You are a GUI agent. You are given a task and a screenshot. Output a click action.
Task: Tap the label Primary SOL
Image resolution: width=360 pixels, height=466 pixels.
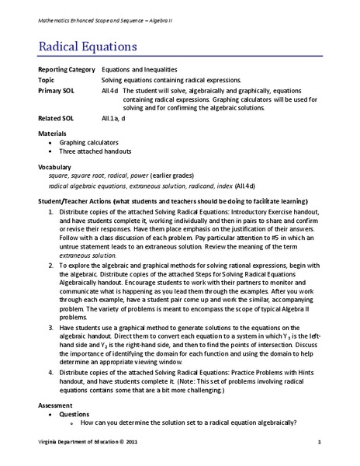point(55,90)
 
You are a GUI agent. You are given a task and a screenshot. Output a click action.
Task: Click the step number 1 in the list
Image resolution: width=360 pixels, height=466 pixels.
point(50,211)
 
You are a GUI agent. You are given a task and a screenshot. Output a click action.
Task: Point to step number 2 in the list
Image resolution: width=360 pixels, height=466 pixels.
point(50,265)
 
